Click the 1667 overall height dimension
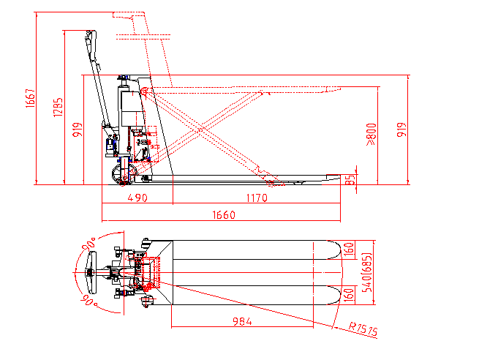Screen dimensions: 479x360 point(31,98)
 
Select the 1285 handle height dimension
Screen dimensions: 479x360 point(58,108)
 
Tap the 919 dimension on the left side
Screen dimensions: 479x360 point(78,130)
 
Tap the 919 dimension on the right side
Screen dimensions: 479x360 point(401,130)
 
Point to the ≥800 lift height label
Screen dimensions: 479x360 point(371,134)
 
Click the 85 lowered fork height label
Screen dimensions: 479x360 point(351,180)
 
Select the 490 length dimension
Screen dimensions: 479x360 point(137,198)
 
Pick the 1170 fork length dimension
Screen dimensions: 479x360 point(257,198)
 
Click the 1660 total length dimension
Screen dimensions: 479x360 point(224,215)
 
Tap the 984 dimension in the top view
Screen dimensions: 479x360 point(242,321)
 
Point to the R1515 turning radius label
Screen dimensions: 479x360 point(363,329)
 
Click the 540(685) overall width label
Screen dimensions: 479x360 point(367,272)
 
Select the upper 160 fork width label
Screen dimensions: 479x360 point(350,250)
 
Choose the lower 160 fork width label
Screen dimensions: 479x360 point(350,295)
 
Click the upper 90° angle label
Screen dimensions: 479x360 point(88,243)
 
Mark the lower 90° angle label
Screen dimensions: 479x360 point(88,300)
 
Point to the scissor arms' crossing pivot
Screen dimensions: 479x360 point(200,130)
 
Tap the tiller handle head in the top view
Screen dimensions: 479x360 point(91,272)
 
